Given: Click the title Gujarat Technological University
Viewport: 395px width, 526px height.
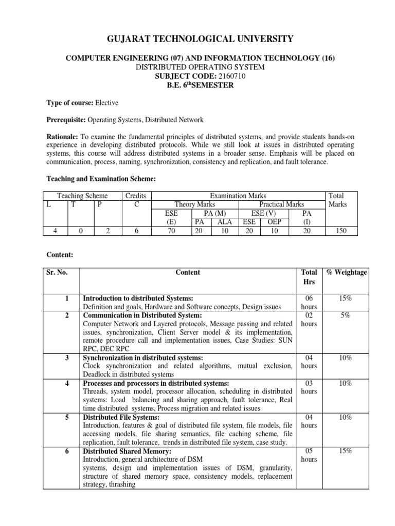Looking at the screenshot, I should tap(197, 39).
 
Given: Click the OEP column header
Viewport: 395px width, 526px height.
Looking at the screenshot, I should tap(274, 213).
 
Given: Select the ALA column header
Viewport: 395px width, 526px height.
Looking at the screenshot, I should tap(224, 222).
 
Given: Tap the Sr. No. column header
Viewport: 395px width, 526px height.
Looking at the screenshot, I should tap(57, 273).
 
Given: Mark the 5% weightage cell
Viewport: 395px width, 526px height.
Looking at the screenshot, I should tap(346, 315).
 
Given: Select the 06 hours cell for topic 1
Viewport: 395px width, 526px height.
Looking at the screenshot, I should tap(309, 302).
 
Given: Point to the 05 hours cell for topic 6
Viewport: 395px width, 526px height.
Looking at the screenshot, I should tap(309, 455).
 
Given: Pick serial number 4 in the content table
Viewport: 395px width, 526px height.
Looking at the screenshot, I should tap(67, 383).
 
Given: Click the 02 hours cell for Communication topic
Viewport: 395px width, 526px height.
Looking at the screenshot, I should tap(309, 320).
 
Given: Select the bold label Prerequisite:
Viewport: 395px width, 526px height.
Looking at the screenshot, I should tap(66, 120).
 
